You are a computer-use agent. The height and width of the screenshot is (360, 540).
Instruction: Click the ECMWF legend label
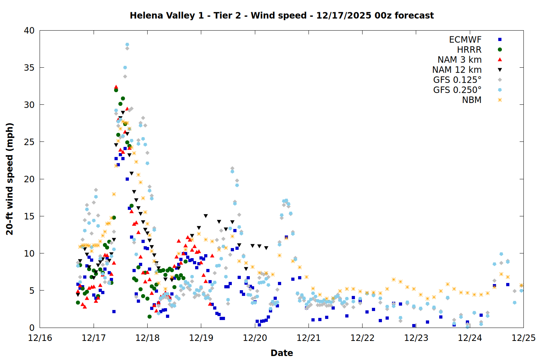[x=465, y=40]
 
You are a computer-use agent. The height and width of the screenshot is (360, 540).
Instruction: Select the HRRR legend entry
[x=469, y=50]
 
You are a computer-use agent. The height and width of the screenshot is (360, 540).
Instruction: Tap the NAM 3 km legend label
[x=459, y=60]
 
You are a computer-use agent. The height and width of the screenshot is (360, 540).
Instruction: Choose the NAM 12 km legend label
[x=457, y=70]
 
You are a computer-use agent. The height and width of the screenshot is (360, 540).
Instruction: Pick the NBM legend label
[x=472, y=100]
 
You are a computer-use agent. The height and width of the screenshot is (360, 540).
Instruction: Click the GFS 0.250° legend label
[x=457, y=90]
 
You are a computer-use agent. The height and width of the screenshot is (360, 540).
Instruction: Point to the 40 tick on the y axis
[x=29, y=31]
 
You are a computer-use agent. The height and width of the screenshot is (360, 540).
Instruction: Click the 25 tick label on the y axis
[x=29, y=142]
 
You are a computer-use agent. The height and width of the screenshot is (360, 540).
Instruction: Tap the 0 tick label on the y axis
[x=32, y=328]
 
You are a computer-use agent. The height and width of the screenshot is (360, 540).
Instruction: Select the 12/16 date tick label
[x=40, y=338]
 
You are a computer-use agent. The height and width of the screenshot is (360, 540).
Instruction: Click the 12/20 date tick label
[x=255, y=338]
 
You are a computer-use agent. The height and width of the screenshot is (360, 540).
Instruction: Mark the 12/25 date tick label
[x=523, y=338]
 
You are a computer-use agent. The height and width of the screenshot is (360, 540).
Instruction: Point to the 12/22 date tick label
[x=362, y=338]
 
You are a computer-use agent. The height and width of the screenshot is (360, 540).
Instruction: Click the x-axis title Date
[x=282, y=353]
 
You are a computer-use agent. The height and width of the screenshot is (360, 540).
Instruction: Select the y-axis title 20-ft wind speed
[x=10, y=179]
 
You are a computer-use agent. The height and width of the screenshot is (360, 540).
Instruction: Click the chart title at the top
[x=282, y=15]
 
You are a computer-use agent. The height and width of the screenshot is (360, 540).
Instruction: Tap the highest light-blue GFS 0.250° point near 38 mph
[x=127, y=45]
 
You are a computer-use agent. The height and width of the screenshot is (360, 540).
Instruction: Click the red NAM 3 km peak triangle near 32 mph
[x=116, y=87]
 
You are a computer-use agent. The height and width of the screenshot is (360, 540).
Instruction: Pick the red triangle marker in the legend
[x=500, y=60]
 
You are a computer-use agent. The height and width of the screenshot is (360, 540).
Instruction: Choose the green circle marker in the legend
[x=500, y=50]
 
